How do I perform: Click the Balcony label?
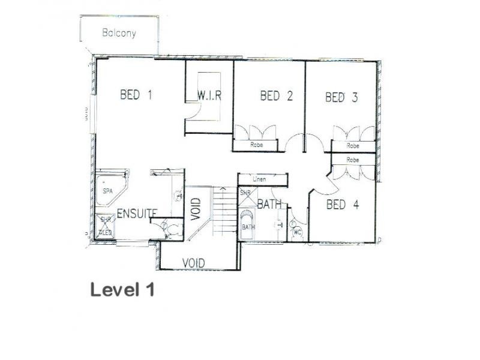tap(119, 33)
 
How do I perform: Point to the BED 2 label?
tap(276, 95)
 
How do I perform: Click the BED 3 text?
tap(341, 97)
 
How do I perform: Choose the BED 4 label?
tap(343, 205)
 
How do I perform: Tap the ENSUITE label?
tap(137, 213)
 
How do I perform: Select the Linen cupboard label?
tap(260, 179)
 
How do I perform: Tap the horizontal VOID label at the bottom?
tap(193, 263)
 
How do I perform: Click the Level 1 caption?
tap(122, 290)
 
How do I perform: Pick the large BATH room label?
tap(269, 205)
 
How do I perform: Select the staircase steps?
tap(224, 211)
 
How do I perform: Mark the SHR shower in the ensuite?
tap(106, 225)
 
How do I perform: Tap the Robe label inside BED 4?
tap(353, 160)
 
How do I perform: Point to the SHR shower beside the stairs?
tap(245, 193)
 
